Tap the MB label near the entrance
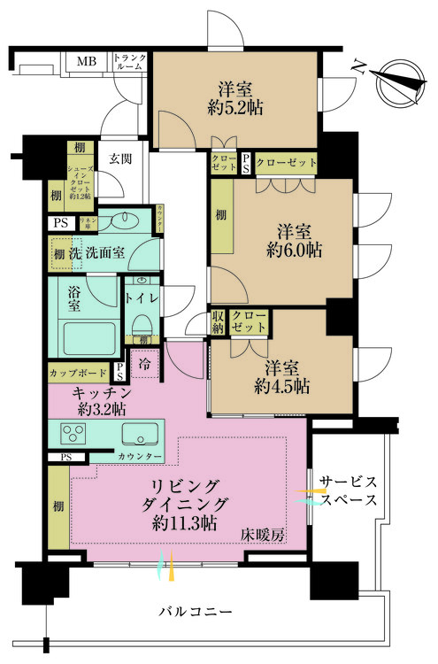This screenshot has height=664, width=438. point(86,62)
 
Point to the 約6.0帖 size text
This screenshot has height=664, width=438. point(296,251)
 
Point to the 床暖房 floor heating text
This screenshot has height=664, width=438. point(265,535)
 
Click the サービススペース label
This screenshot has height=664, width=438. point(349,490)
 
